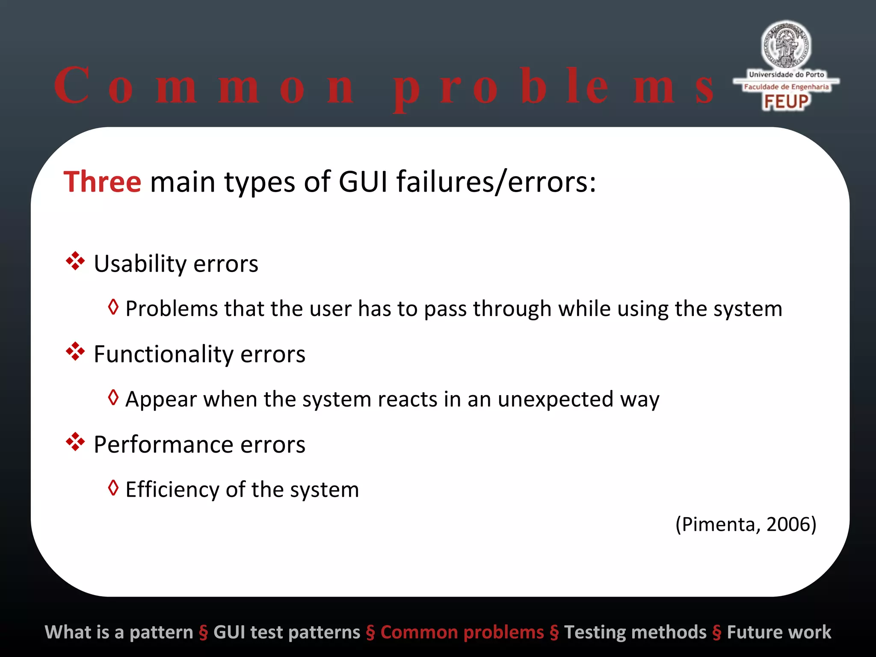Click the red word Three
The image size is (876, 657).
point(102,182)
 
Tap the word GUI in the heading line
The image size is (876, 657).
point(363,182)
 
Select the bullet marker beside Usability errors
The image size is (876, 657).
point(75,261)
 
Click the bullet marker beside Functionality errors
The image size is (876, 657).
point(75,352)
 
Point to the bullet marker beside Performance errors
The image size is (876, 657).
point(75,442)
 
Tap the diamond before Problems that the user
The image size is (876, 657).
point(113,307)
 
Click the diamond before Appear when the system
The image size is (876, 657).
point(113,397)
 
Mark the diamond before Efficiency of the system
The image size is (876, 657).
point(113,488)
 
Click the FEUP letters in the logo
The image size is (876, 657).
point(786,102)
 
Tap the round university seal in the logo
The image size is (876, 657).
point(786,45)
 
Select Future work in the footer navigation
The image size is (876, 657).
point(779,632)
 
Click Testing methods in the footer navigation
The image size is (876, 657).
point(635,632)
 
